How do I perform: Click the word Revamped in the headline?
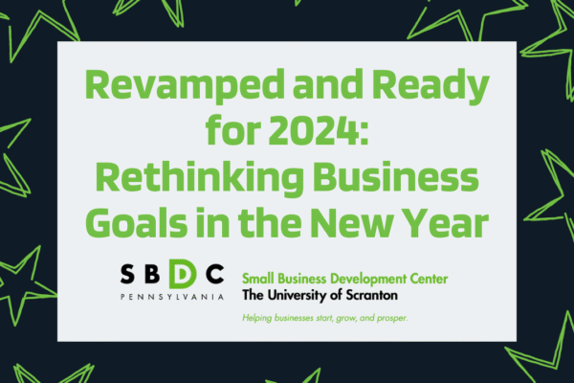pyautogui.click(x=185, y=85)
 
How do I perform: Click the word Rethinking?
pyautogui.click(x=199, y=177)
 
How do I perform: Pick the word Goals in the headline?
pyautogui.click(x=137, y=221)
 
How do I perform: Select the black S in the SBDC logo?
pyautogui.click(x=127, y=274)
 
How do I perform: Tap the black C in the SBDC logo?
pyautogui.click(x=215, y=274)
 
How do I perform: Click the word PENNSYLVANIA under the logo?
pyautogui.click(x=172, y=297)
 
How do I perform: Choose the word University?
pyautogui.click(x=297, y=296)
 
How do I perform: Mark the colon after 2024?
pyautogui.click(x=363, y=134)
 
